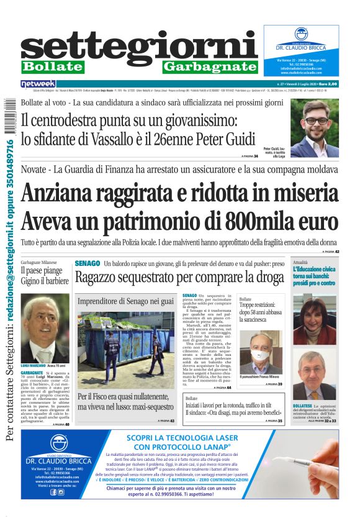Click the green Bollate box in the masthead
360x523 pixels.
pos(50,66)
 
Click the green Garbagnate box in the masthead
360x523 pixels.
pos(210,66)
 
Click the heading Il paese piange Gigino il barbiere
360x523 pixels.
pos(43,275)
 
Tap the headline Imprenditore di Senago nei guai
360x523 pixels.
pos(125,301)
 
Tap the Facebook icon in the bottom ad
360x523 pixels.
pos(52,492)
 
